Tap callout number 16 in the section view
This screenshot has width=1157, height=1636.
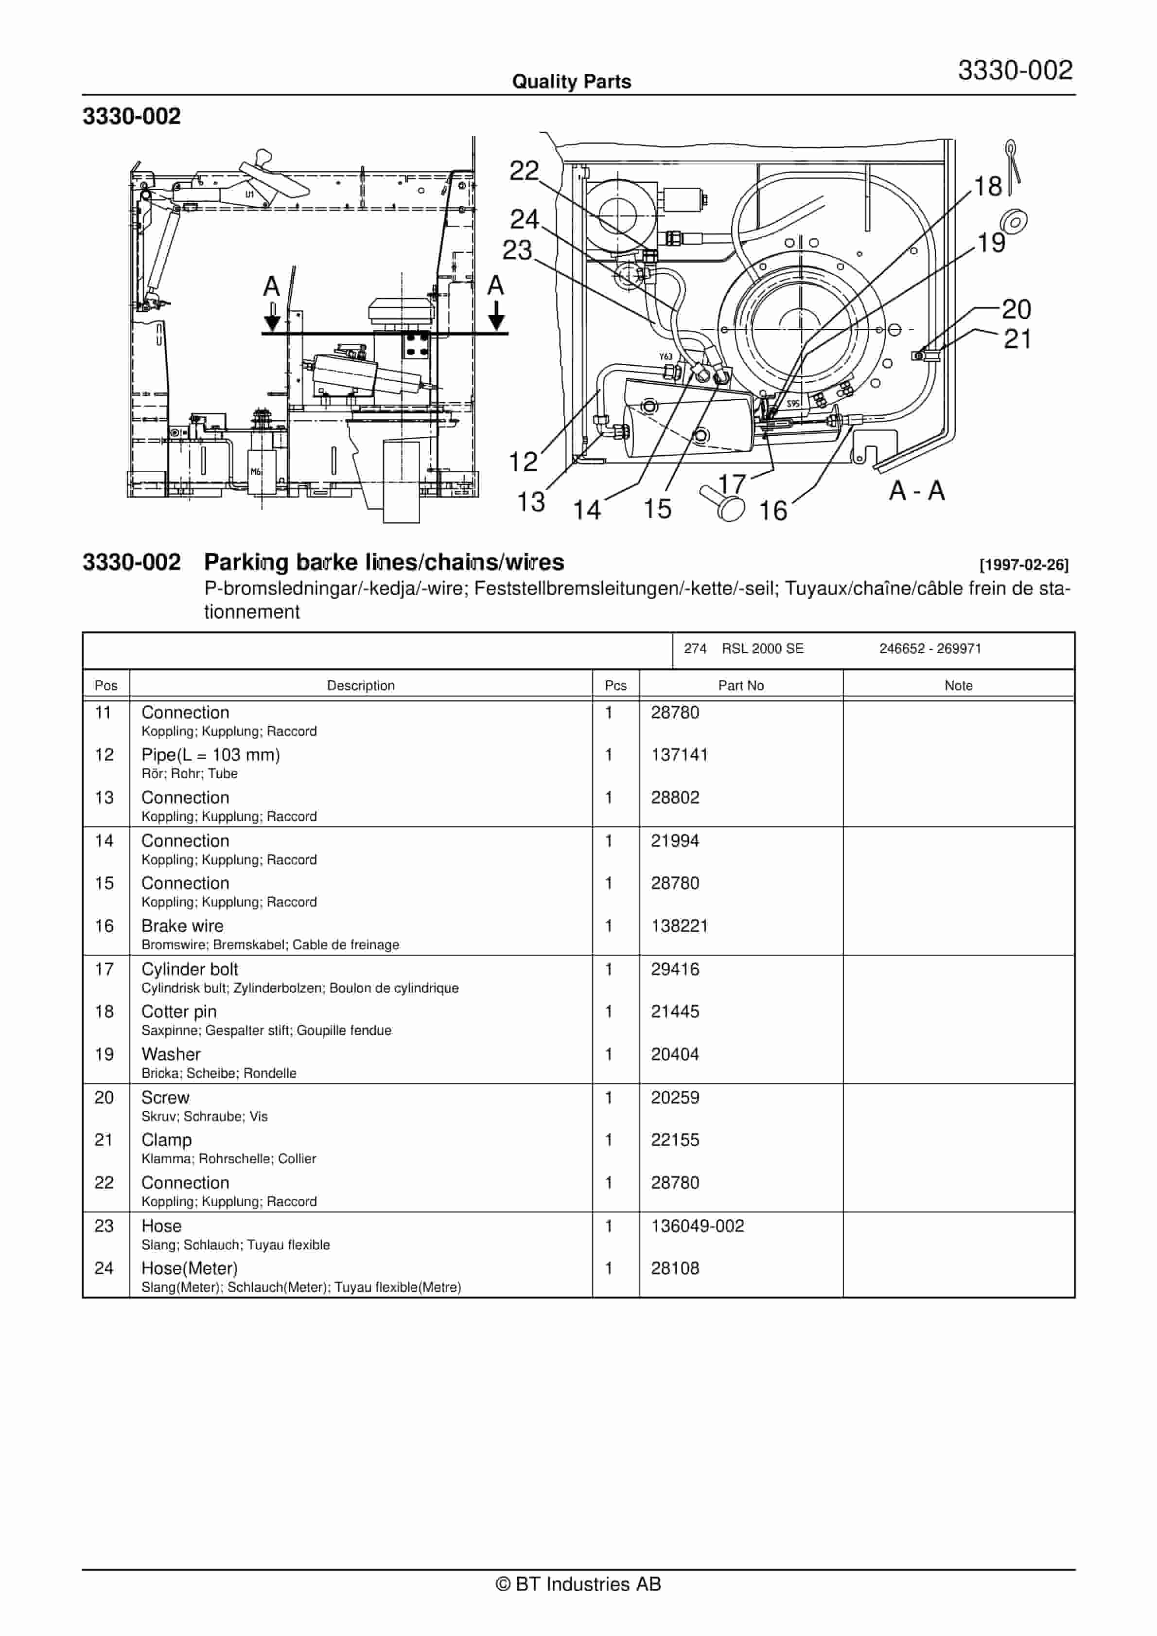point(772,510)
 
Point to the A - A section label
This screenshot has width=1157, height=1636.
point(916,490)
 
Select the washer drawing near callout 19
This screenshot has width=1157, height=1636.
point(1013,222)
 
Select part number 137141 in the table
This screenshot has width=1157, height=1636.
point(679,755)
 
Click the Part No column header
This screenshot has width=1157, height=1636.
point(740,685)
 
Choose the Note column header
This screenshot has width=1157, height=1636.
point(958,685)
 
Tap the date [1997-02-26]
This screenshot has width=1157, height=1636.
point(1024,565)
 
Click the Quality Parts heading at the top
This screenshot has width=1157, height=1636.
point(571,82)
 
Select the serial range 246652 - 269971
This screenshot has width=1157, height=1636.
point(929,648)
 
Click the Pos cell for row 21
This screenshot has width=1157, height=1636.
point(104,1139)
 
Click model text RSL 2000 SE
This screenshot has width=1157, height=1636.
point(762,648)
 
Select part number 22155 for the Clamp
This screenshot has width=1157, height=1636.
point(675,1139)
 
